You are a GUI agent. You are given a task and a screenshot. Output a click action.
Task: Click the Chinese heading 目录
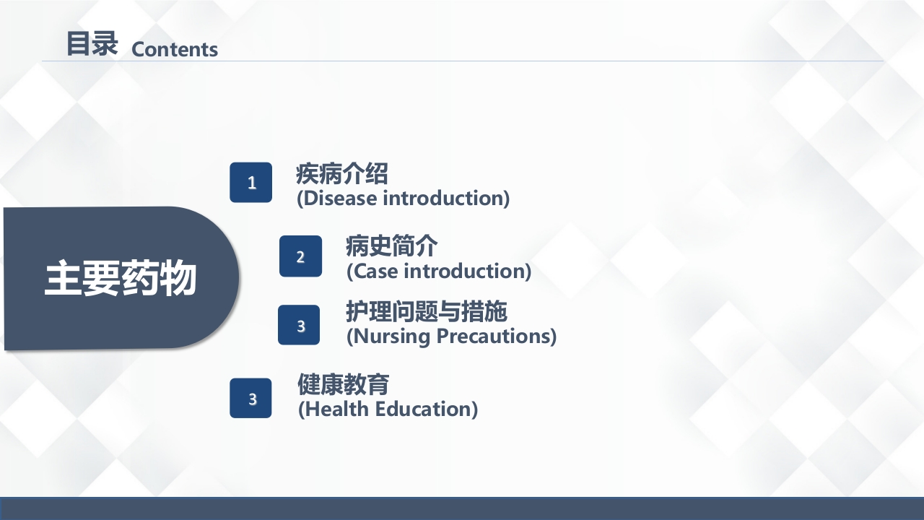point(91,44)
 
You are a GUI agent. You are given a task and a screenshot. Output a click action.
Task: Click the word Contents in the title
point(175,49)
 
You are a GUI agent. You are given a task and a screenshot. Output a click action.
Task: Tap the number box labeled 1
point(251,183)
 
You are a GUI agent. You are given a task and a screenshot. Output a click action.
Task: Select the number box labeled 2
point(300,256)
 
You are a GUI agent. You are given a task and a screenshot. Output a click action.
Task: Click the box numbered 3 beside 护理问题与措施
point(300,326)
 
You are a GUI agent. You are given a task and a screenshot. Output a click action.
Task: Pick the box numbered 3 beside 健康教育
point(250,398)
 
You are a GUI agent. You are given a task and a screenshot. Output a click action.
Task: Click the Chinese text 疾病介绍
point(341,174)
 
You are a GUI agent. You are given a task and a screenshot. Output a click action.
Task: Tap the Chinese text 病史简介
point(391,247)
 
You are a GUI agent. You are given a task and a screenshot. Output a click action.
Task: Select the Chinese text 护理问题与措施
point(427,312)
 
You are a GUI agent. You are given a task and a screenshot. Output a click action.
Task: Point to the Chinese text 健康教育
point(343,384)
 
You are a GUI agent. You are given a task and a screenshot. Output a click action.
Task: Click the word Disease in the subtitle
point(339,198)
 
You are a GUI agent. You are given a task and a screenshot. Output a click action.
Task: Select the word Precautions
point(497,336)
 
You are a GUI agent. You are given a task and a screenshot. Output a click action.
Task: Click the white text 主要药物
point(121,279)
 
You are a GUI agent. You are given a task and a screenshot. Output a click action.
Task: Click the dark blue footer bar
point(462,508)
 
